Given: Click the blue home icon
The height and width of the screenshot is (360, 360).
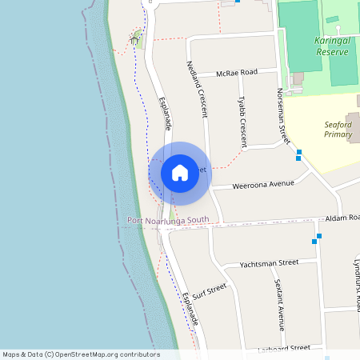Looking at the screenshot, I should coord(180,172).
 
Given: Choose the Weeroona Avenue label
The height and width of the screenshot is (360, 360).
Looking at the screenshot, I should coord(263,185).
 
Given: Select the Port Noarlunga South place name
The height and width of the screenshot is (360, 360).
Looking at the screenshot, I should coord(168,220).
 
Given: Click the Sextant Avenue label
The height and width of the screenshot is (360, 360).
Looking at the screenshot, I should coord(279,305).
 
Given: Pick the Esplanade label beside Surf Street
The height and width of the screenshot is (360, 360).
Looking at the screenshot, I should coord(190,308).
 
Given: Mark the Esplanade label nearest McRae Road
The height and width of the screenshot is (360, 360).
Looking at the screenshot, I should coord(166,114).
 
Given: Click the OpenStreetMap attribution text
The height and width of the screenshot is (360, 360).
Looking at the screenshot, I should coord(80,354).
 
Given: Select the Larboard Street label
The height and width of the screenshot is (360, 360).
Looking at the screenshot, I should coord(284,348).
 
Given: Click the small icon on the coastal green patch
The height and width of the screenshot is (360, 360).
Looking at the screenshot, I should coord(135,37).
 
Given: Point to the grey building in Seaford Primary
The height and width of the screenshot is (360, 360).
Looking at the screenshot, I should coord(354,124).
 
